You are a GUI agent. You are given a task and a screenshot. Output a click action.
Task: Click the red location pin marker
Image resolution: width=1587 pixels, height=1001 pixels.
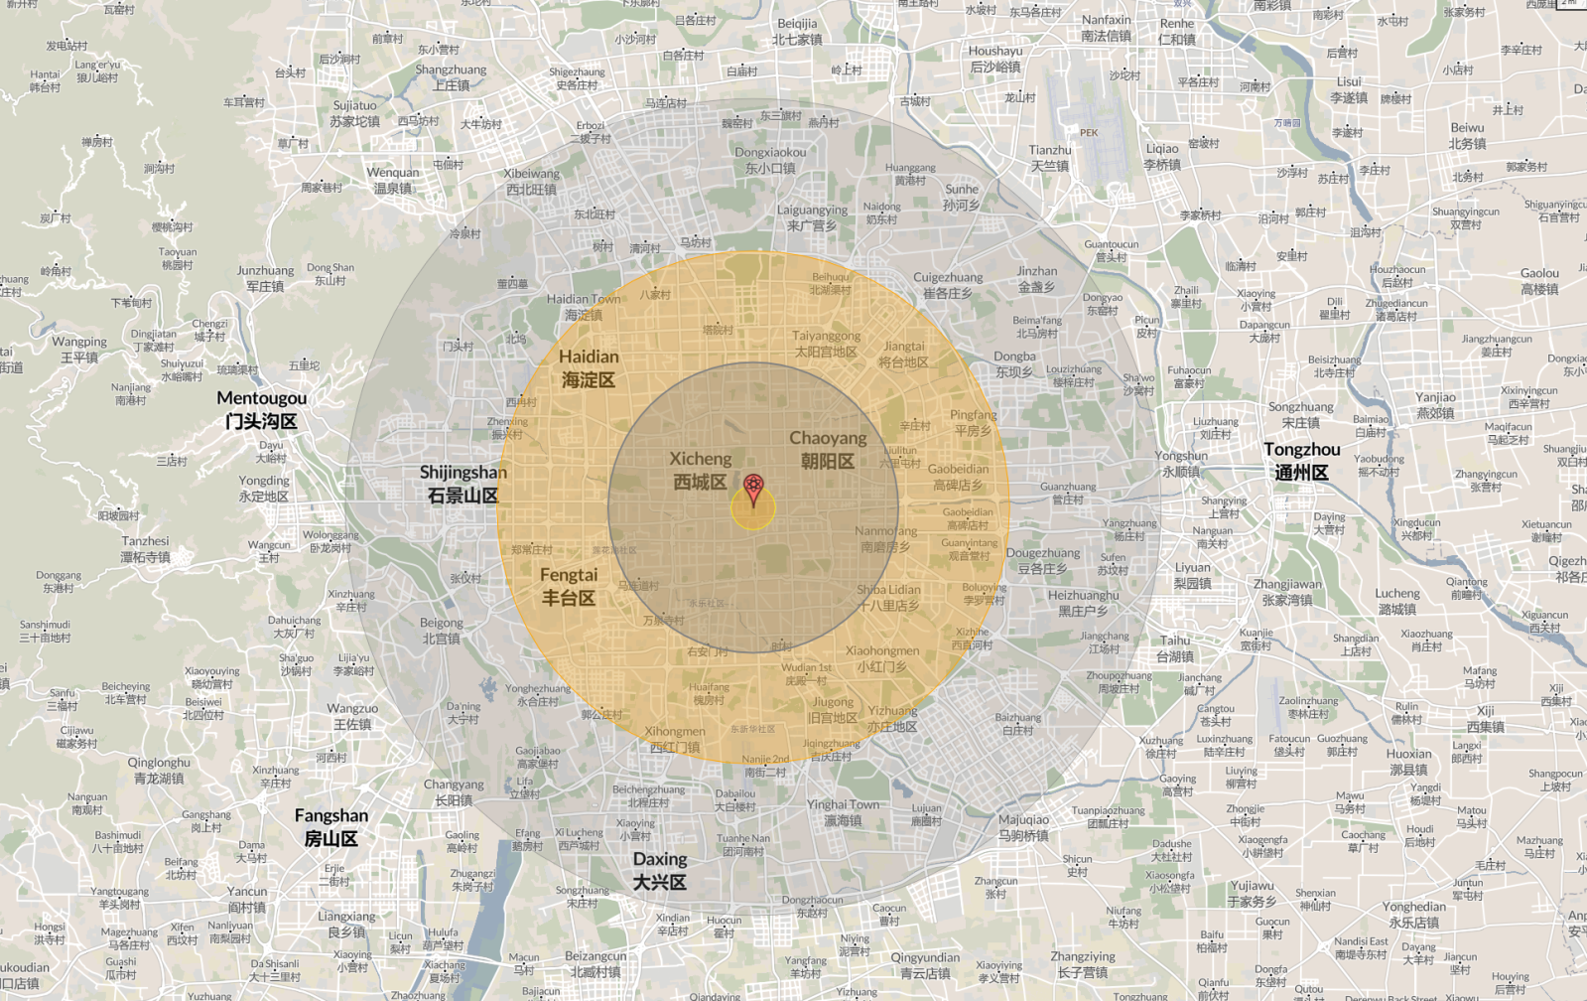click(x=753, y=489)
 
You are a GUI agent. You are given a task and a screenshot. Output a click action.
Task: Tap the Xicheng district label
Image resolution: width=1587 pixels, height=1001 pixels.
click(x=701, y=470)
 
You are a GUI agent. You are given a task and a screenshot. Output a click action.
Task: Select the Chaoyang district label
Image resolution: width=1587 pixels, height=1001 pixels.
click(x=828, y=449)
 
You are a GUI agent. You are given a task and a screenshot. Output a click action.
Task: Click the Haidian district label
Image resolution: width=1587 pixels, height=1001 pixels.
click(x=589, y=367)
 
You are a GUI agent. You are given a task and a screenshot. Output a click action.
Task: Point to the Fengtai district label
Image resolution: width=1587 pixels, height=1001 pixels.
click(x=569, y=586)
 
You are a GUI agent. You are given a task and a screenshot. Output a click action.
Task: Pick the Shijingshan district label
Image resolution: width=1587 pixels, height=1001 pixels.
click(x=463, y=484)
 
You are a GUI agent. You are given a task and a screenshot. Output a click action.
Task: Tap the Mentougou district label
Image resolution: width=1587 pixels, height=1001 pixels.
click(x=261, y=409)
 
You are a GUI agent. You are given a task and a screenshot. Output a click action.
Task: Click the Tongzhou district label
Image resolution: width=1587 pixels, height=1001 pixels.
click(x=1301, y=461)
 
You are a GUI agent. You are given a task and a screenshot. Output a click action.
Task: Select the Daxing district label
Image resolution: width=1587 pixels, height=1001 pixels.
click(x=660, y=870)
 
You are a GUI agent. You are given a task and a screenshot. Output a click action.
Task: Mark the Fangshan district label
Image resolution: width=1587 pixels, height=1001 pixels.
click(x=331, y=826)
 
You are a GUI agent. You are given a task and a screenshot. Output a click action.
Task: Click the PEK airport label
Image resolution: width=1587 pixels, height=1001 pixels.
click(x=1089, y=132)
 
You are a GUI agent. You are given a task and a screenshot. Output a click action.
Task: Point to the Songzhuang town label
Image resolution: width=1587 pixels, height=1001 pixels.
click(x=1300, y=414)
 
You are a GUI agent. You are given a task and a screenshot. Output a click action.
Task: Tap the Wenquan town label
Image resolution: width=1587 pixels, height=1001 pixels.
click(x=393, y=180)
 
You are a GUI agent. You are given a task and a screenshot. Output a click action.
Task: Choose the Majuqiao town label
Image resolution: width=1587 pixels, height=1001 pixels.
click(x=1023, y=827)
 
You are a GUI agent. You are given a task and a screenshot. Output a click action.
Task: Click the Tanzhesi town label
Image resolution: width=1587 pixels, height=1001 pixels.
click(x=145, y=549)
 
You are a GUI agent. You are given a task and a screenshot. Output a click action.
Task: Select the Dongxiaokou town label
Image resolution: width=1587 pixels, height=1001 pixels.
click(x=770, y=160)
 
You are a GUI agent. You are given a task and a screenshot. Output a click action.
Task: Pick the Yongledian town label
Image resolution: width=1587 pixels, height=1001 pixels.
click(x=1413, y=914)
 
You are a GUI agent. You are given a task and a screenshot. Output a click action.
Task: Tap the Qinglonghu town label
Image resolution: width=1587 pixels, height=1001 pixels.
click(x=159, y=771)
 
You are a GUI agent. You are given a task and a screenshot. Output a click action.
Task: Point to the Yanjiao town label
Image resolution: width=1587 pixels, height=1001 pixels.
click(x=1435, y=405)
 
